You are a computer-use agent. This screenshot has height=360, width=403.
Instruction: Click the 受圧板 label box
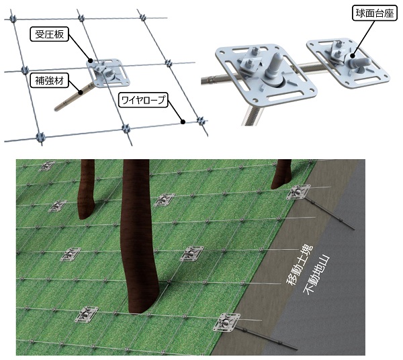click(x=49, y=34)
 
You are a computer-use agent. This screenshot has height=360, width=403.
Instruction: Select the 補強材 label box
click(x=49, y=81)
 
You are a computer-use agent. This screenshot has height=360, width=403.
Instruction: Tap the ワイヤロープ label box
click(x=143, y=99)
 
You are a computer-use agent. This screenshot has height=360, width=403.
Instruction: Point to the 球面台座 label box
click(x=374, y=13)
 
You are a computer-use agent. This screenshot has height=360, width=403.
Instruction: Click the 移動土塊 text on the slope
click(x=300, y=265)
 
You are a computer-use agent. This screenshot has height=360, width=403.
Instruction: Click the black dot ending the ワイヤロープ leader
click(x=183, y=122)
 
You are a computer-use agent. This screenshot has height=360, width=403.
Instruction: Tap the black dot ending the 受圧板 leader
click(x=91, y=61)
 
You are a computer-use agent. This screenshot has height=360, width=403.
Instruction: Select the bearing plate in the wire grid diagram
click(x=107, y=73)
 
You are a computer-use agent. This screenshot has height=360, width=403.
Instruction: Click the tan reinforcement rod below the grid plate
click(x=73, y=96)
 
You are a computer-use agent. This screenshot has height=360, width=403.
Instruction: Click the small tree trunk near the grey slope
click(x=281, y=173)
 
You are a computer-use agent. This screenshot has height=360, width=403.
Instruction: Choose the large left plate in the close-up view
click(x=265, y=72)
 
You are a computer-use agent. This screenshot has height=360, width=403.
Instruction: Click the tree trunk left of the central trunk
click(x=87, y=189)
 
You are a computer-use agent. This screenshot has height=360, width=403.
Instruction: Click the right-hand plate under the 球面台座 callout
click(x=348, y=62)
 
